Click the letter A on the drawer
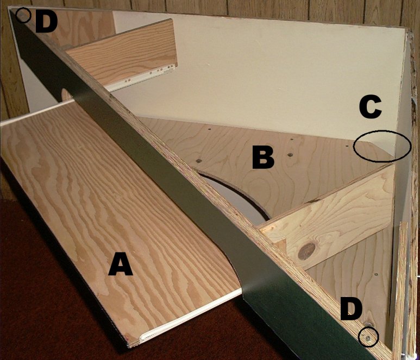pos(121,265)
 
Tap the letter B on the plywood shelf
pos(264,157)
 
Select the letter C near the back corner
pos(371,108)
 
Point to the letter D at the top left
pos(46,22)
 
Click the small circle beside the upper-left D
pos(23,15)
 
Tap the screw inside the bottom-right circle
pos(368,338)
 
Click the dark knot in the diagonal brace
pos(306,250)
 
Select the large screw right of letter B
pos(290,155)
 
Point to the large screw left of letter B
pos(198,161)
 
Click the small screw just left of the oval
pos(347,146)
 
